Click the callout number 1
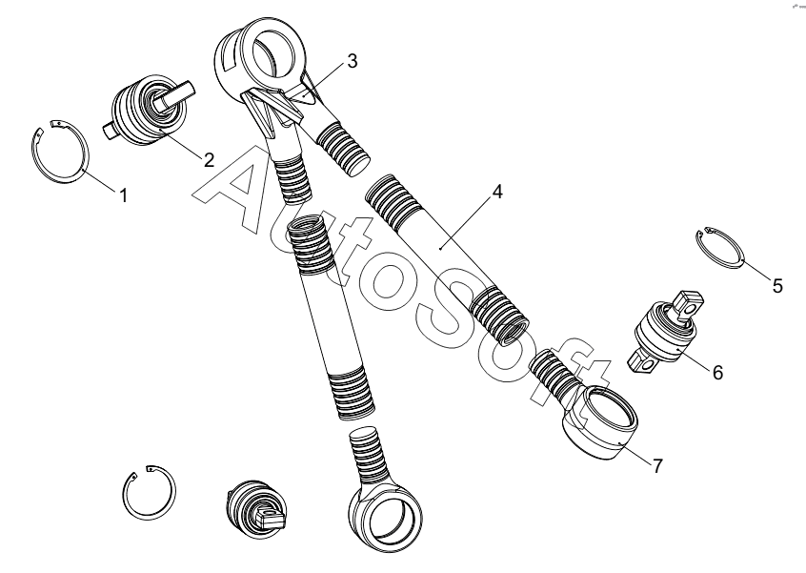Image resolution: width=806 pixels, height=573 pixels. pyautogui.click(x=123, y=195)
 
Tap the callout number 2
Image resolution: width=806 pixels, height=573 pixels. pyautogui.click(x=209, y=160)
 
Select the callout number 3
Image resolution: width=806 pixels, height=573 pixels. pyautogui.click(x=353, y=61)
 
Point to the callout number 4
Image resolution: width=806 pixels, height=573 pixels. pyautogui.click(x=497, y=192)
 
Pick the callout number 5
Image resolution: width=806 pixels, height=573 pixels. pyautogui.click(x=777, y=285)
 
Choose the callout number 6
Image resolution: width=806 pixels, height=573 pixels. pyautogui.click(x=717, y=372)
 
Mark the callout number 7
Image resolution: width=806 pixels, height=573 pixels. pyautogui.click(x=658, y=466)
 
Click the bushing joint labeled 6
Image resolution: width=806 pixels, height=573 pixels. pyautogui.click(x=666, y=331)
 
